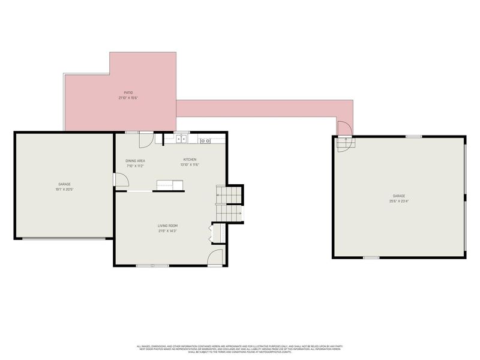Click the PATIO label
(125, 92)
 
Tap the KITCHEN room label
(190, 159)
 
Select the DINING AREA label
(135, 160)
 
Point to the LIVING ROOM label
(167, 225)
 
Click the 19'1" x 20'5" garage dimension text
(64, 189)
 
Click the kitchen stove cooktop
(205, 140)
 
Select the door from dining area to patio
(146, 139)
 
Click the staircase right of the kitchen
(229, 203)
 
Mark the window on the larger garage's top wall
(413, 137)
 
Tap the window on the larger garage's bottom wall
(371, 258)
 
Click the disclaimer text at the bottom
(240, 349)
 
